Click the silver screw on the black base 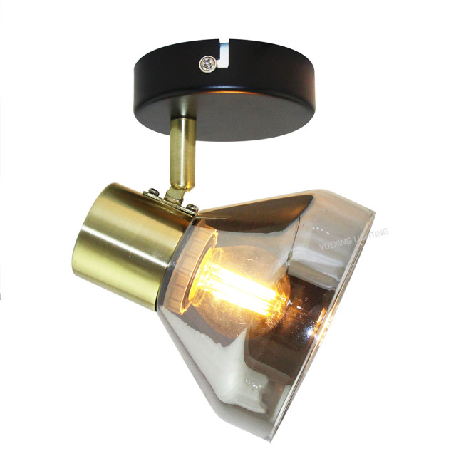206,64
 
